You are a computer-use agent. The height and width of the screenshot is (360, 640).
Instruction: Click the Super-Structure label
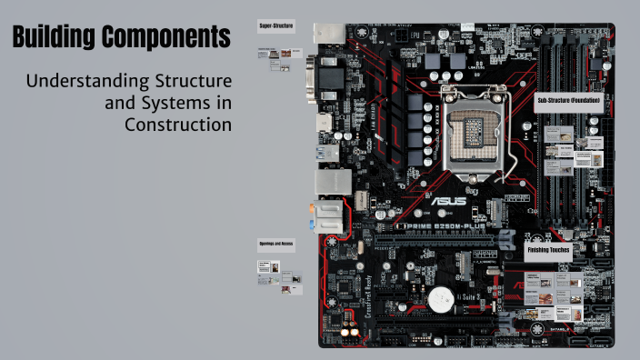point(276,25)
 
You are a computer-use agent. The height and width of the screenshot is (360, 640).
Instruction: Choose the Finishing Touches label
point(548,249)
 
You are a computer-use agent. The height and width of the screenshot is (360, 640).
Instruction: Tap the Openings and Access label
point(276,244)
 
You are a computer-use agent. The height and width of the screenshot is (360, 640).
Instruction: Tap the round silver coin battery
point(443,297)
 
